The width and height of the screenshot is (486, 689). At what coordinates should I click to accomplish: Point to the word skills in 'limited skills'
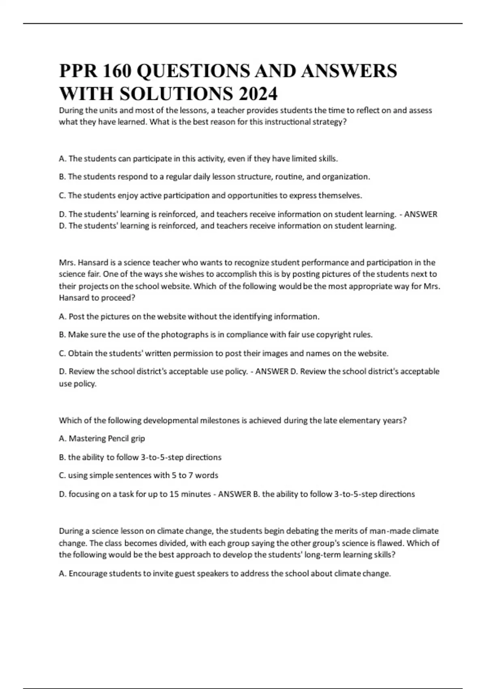328,158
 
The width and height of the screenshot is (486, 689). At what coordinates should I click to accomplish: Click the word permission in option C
198,353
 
